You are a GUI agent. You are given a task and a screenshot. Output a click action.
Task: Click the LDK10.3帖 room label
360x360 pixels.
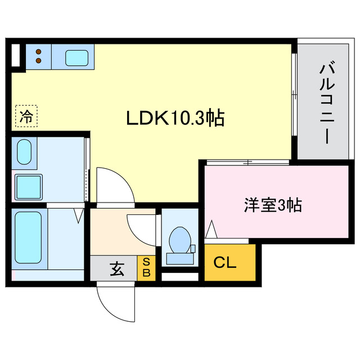[175, 118]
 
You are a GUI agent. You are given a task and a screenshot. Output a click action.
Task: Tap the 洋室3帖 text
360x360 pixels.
[273, 205]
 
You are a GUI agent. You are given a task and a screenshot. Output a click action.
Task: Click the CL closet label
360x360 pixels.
[224, 262]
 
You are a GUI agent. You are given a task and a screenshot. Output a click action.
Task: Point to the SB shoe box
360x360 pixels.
[146, 268]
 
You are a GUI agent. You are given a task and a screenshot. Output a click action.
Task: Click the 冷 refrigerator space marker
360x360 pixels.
[26, 116]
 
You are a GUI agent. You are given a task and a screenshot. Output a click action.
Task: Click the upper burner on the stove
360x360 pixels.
[39, 51]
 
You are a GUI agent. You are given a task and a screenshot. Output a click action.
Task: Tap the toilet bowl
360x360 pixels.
[179, 239]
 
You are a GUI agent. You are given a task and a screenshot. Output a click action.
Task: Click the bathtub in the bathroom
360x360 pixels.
[28, 239]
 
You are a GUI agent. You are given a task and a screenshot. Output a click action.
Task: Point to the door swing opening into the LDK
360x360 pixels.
[112, 186]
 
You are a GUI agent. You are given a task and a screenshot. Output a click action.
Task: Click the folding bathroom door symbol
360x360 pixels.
[79, 214]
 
